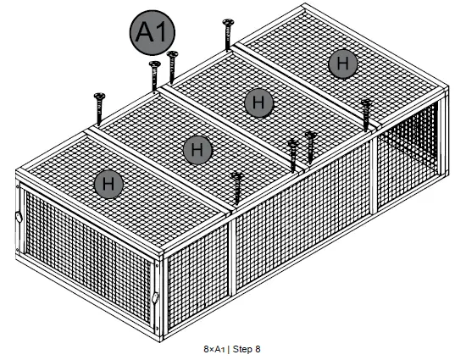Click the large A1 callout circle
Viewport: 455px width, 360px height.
pos(153,34)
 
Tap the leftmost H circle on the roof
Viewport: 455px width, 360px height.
pos(108,182)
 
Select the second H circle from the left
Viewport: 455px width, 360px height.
pos(197,150)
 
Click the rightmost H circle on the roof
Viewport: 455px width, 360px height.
pos(341,64)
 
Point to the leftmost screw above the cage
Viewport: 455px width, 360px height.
pos(98,108)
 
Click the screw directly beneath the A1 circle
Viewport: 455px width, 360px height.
pos(154,75)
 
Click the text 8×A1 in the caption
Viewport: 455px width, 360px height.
pos(214,348)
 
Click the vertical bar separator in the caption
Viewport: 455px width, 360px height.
pos(228,348)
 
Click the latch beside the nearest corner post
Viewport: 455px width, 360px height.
pos(155,297)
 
